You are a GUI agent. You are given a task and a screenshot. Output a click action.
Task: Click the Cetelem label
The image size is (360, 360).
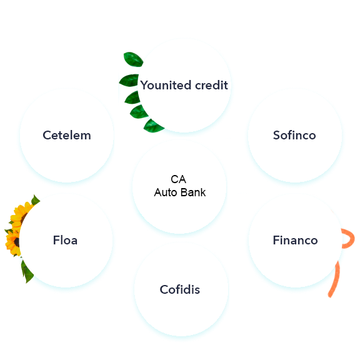coord(67,135)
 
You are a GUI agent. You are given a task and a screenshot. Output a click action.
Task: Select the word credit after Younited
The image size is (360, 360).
coord(211,85)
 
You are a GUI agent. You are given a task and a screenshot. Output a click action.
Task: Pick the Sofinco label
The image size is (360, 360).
coord(294,135)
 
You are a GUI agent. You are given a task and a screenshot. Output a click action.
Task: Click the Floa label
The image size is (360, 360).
coord(65,240)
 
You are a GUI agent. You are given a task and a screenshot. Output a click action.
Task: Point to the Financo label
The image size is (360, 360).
coord(295,240)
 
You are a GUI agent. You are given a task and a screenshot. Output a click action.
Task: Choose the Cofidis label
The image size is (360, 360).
coord(180,289)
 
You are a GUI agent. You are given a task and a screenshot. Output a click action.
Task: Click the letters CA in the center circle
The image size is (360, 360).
coord(178,179)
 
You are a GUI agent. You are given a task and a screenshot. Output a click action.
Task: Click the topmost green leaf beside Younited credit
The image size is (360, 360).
coord(133,59)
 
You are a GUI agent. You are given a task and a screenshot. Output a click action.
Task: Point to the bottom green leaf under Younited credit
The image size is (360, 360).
coord(153,126)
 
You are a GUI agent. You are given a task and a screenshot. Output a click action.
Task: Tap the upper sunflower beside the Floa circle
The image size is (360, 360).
coord(20,214)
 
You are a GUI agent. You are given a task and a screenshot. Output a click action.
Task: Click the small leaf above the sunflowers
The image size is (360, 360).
coord(36,200)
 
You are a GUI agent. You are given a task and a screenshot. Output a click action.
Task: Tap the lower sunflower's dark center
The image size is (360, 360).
coord(16,242)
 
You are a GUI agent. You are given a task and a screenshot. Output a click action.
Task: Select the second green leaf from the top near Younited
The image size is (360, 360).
coord(129,81)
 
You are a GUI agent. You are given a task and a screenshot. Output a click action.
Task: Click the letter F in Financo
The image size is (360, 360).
coord(276,240)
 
